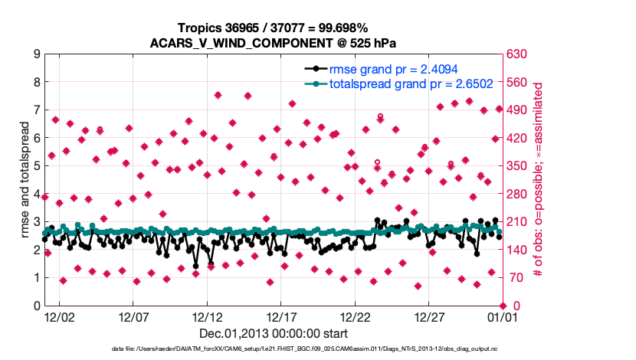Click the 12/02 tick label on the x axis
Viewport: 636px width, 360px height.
59,316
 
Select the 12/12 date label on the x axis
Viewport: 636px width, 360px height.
208,316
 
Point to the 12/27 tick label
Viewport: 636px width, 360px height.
430,316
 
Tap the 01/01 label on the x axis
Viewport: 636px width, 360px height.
504,316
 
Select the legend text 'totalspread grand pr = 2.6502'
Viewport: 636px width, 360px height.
411,84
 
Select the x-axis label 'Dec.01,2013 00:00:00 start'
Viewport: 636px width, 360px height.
274,333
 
